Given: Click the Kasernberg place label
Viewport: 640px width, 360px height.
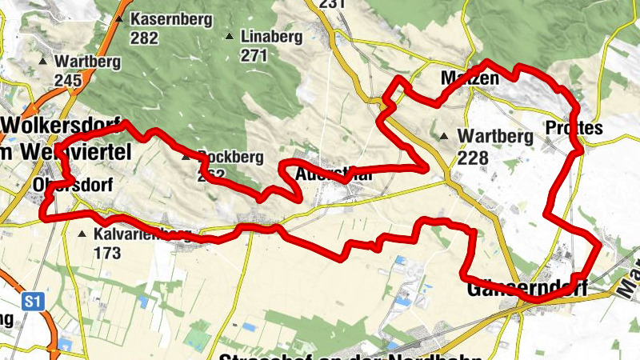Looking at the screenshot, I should tap(172, 18).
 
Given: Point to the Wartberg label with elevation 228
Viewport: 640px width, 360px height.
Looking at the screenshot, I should tap(495, 137).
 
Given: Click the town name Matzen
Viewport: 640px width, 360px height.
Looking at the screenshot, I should tap(469, 78).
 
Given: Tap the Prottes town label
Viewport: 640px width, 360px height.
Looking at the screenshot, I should tap(573, 128).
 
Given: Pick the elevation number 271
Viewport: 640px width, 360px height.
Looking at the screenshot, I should tap(254, 55).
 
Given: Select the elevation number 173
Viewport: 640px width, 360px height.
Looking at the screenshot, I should tap(107, 253).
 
